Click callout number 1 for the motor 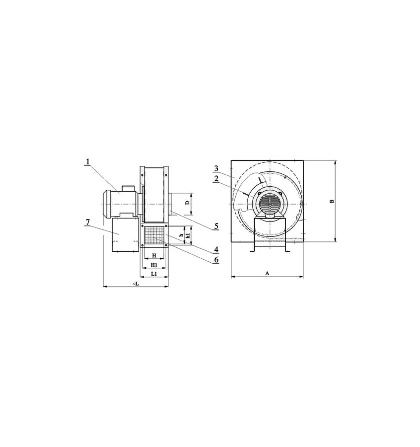(87, 161)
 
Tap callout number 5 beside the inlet (216, 226)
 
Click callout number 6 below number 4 (216, 259)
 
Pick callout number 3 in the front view (217, 168)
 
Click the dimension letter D (187, 203)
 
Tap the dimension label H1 (154, 265)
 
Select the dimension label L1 (154, 274)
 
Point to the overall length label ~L (136, 283)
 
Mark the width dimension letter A (267, 274)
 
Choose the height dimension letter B (332, 201)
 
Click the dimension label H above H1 (154, 255)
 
